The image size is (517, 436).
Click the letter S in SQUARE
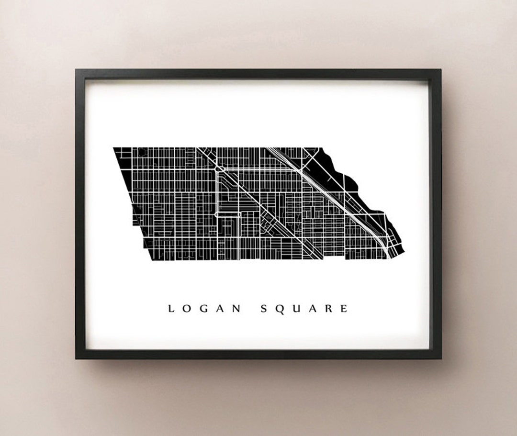264,309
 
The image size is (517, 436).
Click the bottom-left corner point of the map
151,260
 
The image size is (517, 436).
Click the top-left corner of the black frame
77,70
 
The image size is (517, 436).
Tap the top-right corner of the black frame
440,70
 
